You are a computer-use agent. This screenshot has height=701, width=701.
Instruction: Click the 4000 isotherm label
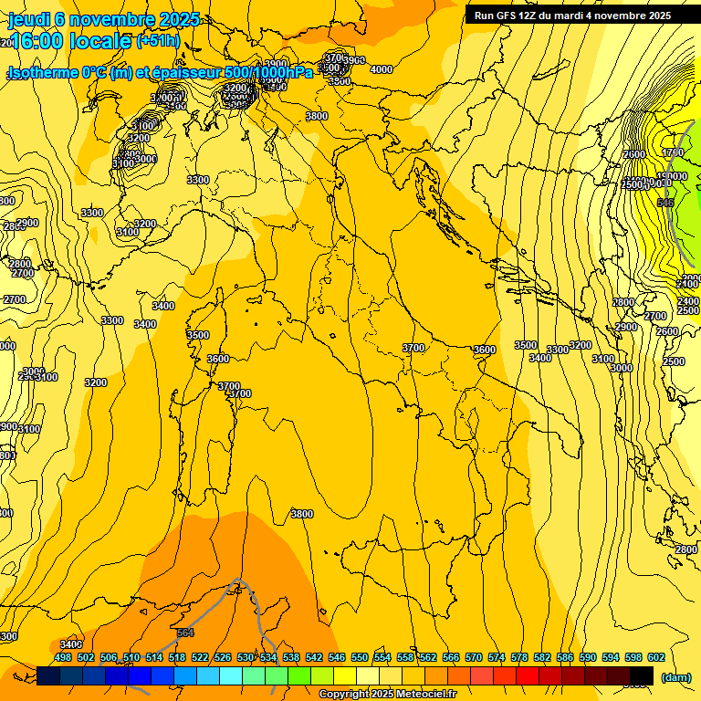[382, 70]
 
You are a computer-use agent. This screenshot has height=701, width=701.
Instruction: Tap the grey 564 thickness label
[185, 633]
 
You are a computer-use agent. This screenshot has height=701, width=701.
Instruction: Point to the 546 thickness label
[664, 203]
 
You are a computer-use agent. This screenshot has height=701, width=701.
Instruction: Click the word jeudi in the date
[26, 19]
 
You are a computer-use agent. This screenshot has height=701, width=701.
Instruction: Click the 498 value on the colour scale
[63, 657]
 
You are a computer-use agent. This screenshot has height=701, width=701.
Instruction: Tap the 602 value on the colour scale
[655, 657]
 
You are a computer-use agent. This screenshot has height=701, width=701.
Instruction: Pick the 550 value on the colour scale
[360, 657]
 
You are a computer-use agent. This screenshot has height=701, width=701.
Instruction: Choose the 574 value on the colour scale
[497, 657]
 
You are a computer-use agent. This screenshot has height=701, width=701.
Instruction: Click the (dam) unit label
[675, 677]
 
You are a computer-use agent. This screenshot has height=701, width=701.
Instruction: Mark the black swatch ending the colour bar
[642, 675]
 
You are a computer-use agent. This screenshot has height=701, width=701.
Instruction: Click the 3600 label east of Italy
[485, 350]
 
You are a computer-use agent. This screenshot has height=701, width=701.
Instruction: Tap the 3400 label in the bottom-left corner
[71, 644]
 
